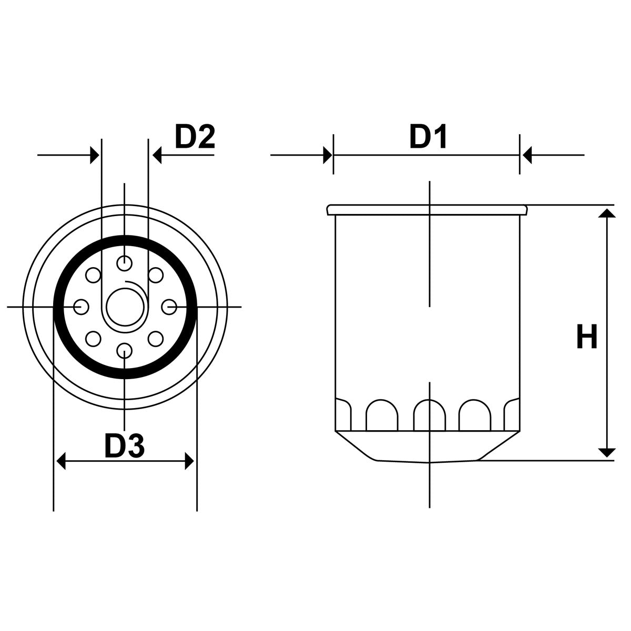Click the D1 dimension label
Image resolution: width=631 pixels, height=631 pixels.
click(x=428, y=137)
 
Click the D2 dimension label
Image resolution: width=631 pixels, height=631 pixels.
click(x=195, y=137)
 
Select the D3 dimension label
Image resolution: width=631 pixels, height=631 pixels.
click(x=124, y=446)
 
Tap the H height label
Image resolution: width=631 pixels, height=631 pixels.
click(x=586, y=338)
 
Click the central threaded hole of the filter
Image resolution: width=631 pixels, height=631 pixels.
click(x=124, y=307)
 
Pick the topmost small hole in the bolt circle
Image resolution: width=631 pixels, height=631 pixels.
click(x=124, y=262)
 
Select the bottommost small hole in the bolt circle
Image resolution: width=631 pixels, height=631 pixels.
click(x=124, y=350)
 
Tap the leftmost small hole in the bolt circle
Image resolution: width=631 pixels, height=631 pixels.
click(x=81, y=307)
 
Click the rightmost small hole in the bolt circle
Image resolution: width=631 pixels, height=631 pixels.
click(x=169, y=307)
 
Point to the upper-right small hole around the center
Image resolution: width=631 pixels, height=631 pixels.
click(x=156, y=275)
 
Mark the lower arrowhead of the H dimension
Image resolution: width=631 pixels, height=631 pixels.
click(x=607, y=452)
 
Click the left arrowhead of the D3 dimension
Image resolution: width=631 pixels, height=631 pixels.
click(x=61, y=462)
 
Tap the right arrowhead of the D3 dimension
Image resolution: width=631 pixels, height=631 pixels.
click(x=189, y=462)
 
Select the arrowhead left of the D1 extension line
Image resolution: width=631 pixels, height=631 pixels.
click(x=327, y=156)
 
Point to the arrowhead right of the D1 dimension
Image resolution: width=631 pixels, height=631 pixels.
click(x=526, y=156)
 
